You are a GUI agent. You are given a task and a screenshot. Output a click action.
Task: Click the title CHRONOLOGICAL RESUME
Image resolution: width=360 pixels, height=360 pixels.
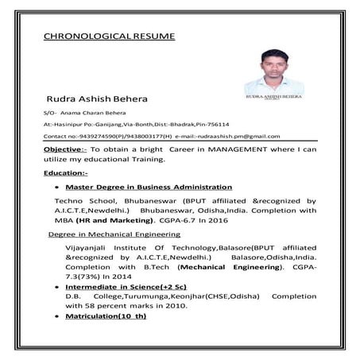(110, 37)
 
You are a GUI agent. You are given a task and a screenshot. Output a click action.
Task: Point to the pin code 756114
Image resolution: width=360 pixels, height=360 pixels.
(215, 126)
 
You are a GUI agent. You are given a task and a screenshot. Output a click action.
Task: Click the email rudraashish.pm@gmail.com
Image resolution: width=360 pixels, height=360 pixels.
(250, 137)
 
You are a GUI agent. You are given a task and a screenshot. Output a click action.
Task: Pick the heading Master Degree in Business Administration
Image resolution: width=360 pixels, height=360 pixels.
(149, 187)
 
